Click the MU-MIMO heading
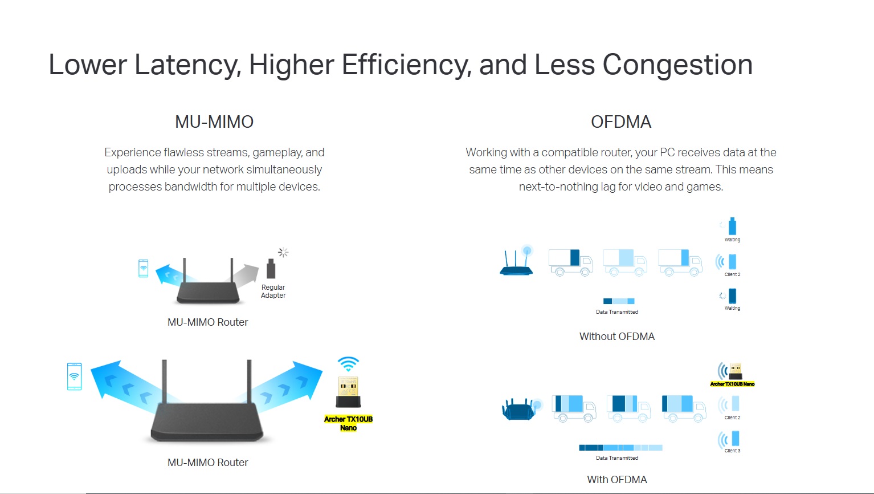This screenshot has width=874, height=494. click(x=214, y=122)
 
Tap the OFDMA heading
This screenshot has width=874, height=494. click(x=621, y=122)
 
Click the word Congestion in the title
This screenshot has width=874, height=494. click(x=677, y=65)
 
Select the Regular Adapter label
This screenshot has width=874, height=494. click(x=273, y=291)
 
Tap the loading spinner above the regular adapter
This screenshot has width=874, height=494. click(x=283, y=252)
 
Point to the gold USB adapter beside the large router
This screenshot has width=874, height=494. click(x=348, y=392)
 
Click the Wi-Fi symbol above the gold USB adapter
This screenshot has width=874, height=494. click(x=348, y=363)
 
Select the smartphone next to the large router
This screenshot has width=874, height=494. click(x=74, y=376)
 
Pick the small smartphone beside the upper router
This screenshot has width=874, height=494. click(x=143, y=268)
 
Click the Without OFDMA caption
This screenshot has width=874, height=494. click(x=617, y=336)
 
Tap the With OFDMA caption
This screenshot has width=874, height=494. click(x=617, y=480)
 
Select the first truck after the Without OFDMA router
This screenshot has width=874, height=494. click(x=570, y=262)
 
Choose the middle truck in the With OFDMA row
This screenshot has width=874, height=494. click(x=628, y=408)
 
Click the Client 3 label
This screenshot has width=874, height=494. click(x=732, y=451)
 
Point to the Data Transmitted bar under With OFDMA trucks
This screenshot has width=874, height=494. click(x=620, y=448)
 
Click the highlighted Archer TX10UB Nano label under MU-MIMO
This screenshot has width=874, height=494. click(x=348, y=423)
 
